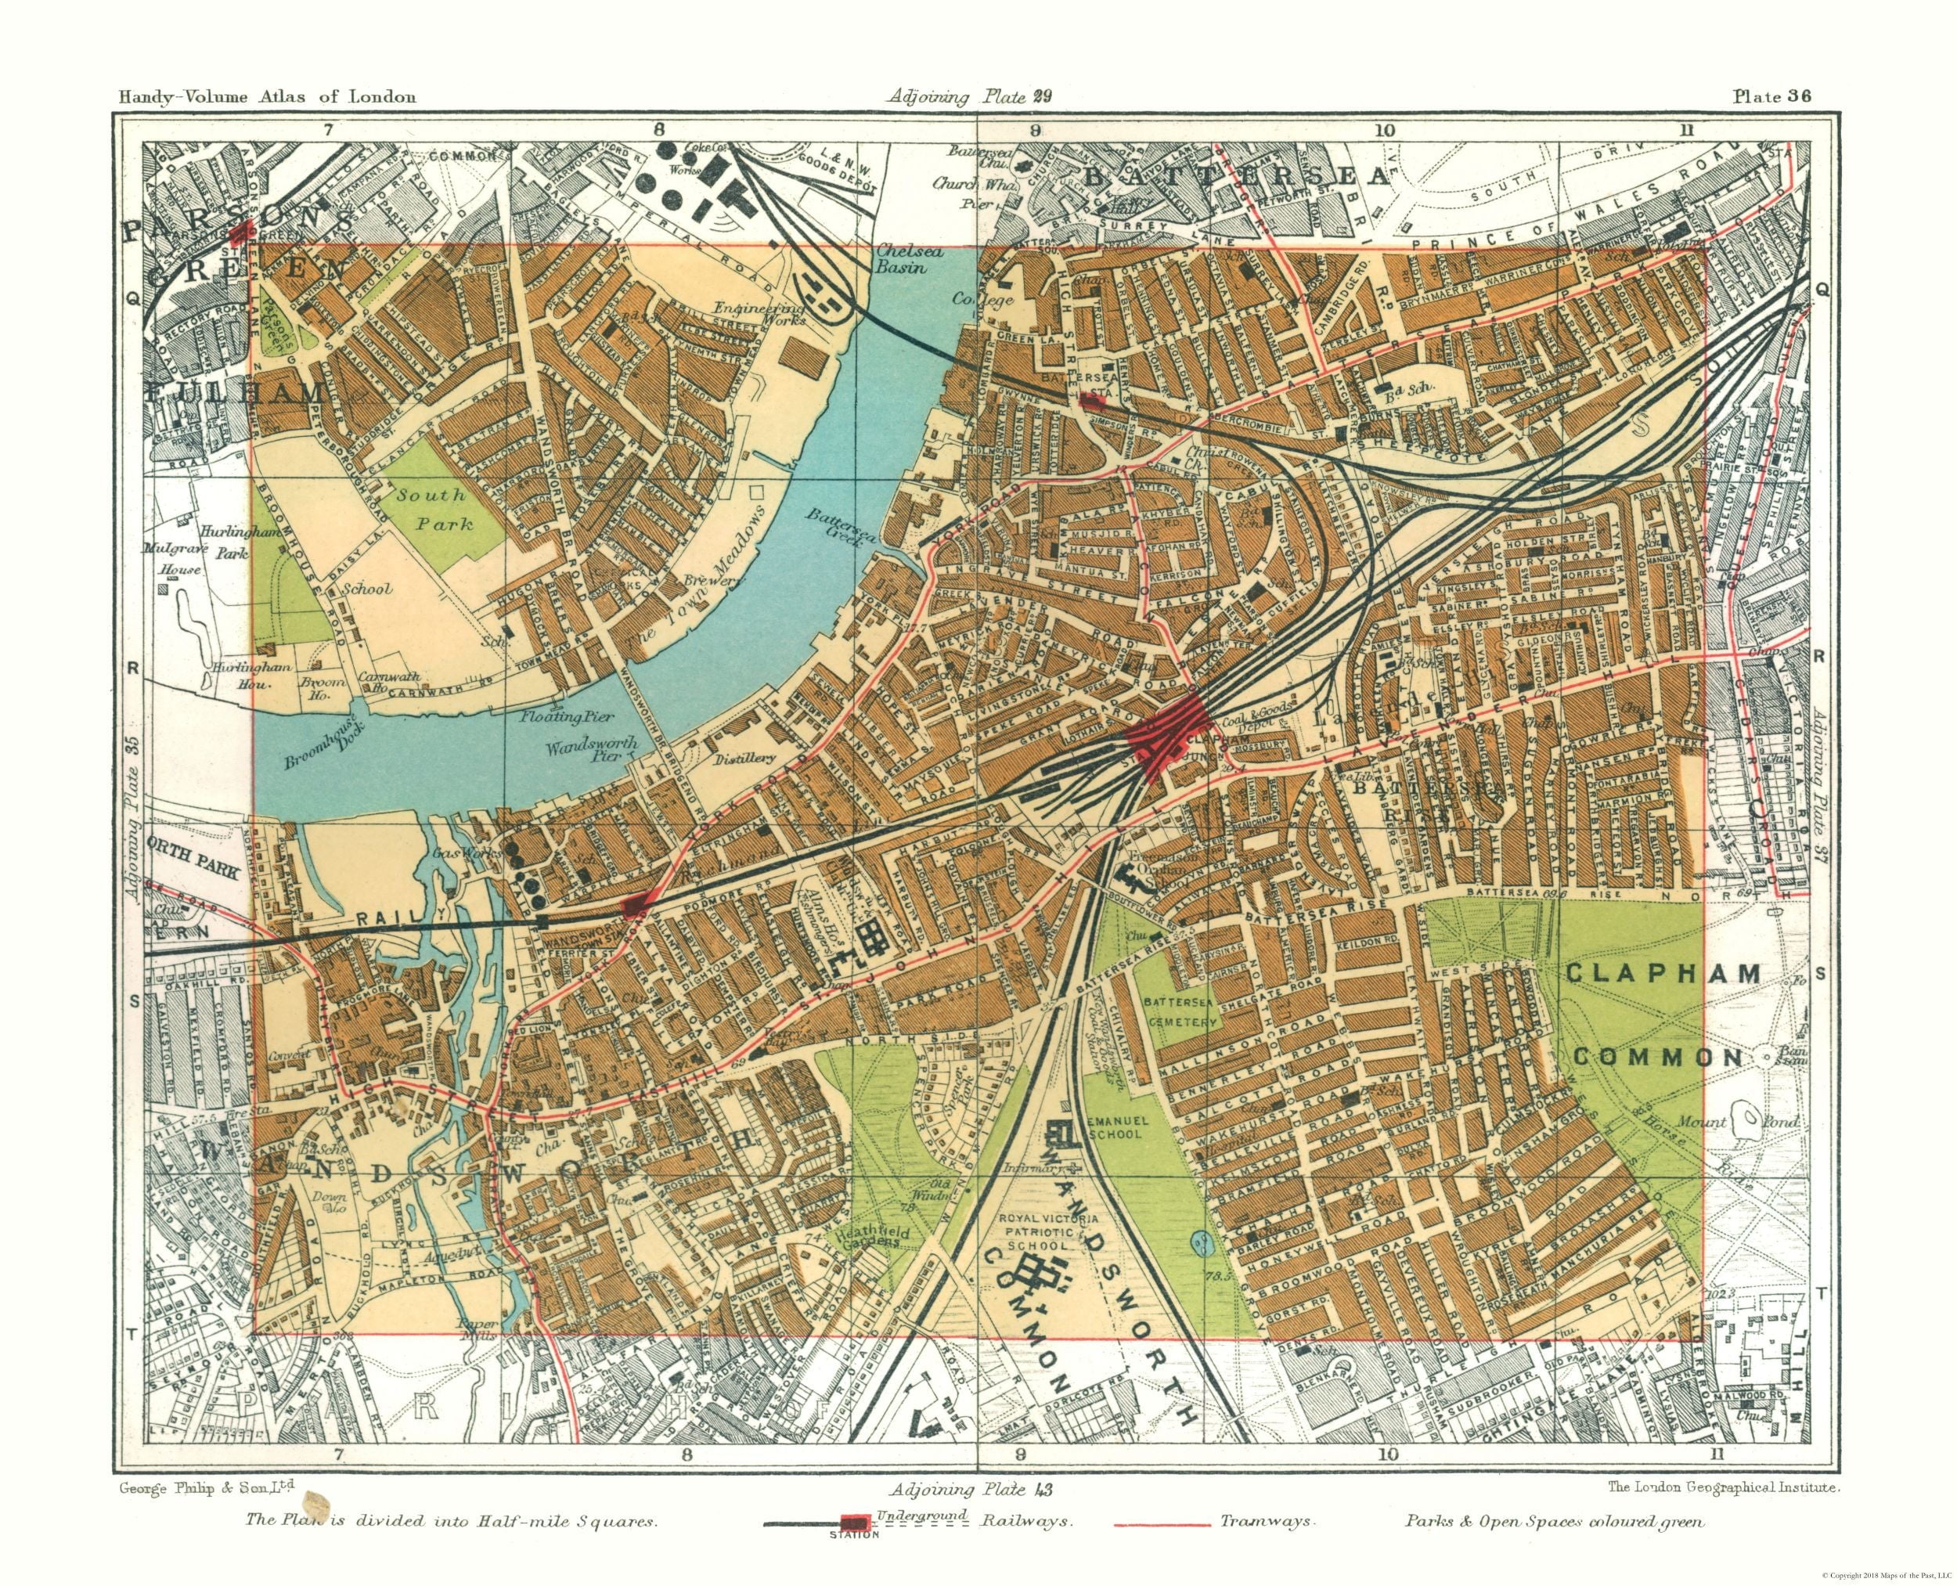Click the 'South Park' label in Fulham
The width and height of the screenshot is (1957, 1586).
(x=444, y=510)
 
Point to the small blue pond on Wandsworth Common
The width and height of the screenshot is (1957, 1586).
(x=1199, y=1241)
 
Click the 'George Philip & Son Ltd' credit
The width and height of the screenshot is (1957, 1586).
(x=207, y=1487)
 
